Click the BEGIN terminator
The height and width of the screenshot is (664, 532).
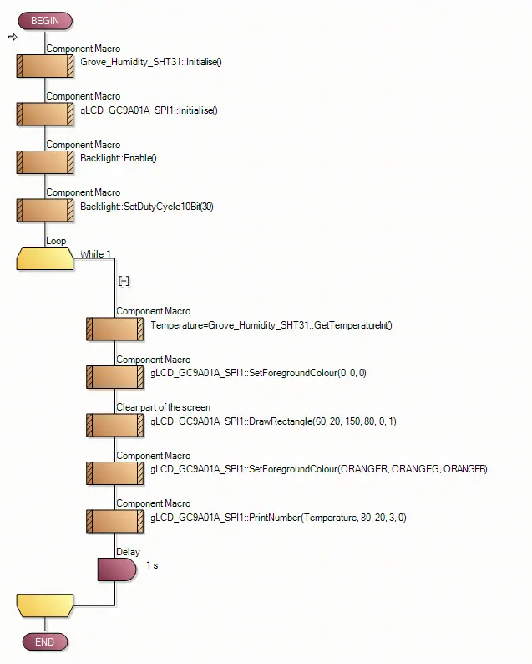(x=45, y=21)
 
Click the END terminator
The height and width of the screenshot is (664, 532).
(x=45, y=641)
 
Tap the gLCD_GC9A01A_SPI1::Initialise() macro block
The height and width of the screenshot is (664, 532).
(x=45, y=114)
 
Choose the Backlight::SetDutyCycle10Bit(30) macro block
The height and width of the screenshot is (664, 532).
(x=45, y=210)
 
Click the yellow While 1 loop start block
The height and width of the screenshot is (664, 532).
(x=45, y=258)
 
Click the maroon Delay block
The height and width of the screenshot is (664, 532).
(x=116, y=570)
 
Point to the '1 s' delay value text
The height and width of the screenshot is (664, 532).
(x=152, y=566)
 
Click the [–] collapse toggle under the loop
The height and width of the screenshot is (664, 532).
(x=124, y=282)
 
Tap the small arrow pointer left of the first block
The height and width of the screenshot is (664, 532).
(x=13, y=38)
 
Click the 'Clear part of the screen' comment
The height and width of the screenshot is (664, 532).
(x=163, y=407)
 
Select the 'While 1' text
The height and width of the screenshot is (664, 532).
(x=95, y=254)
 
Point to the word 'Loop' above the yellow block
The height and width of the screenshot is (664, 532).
(x=56, y=241)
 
